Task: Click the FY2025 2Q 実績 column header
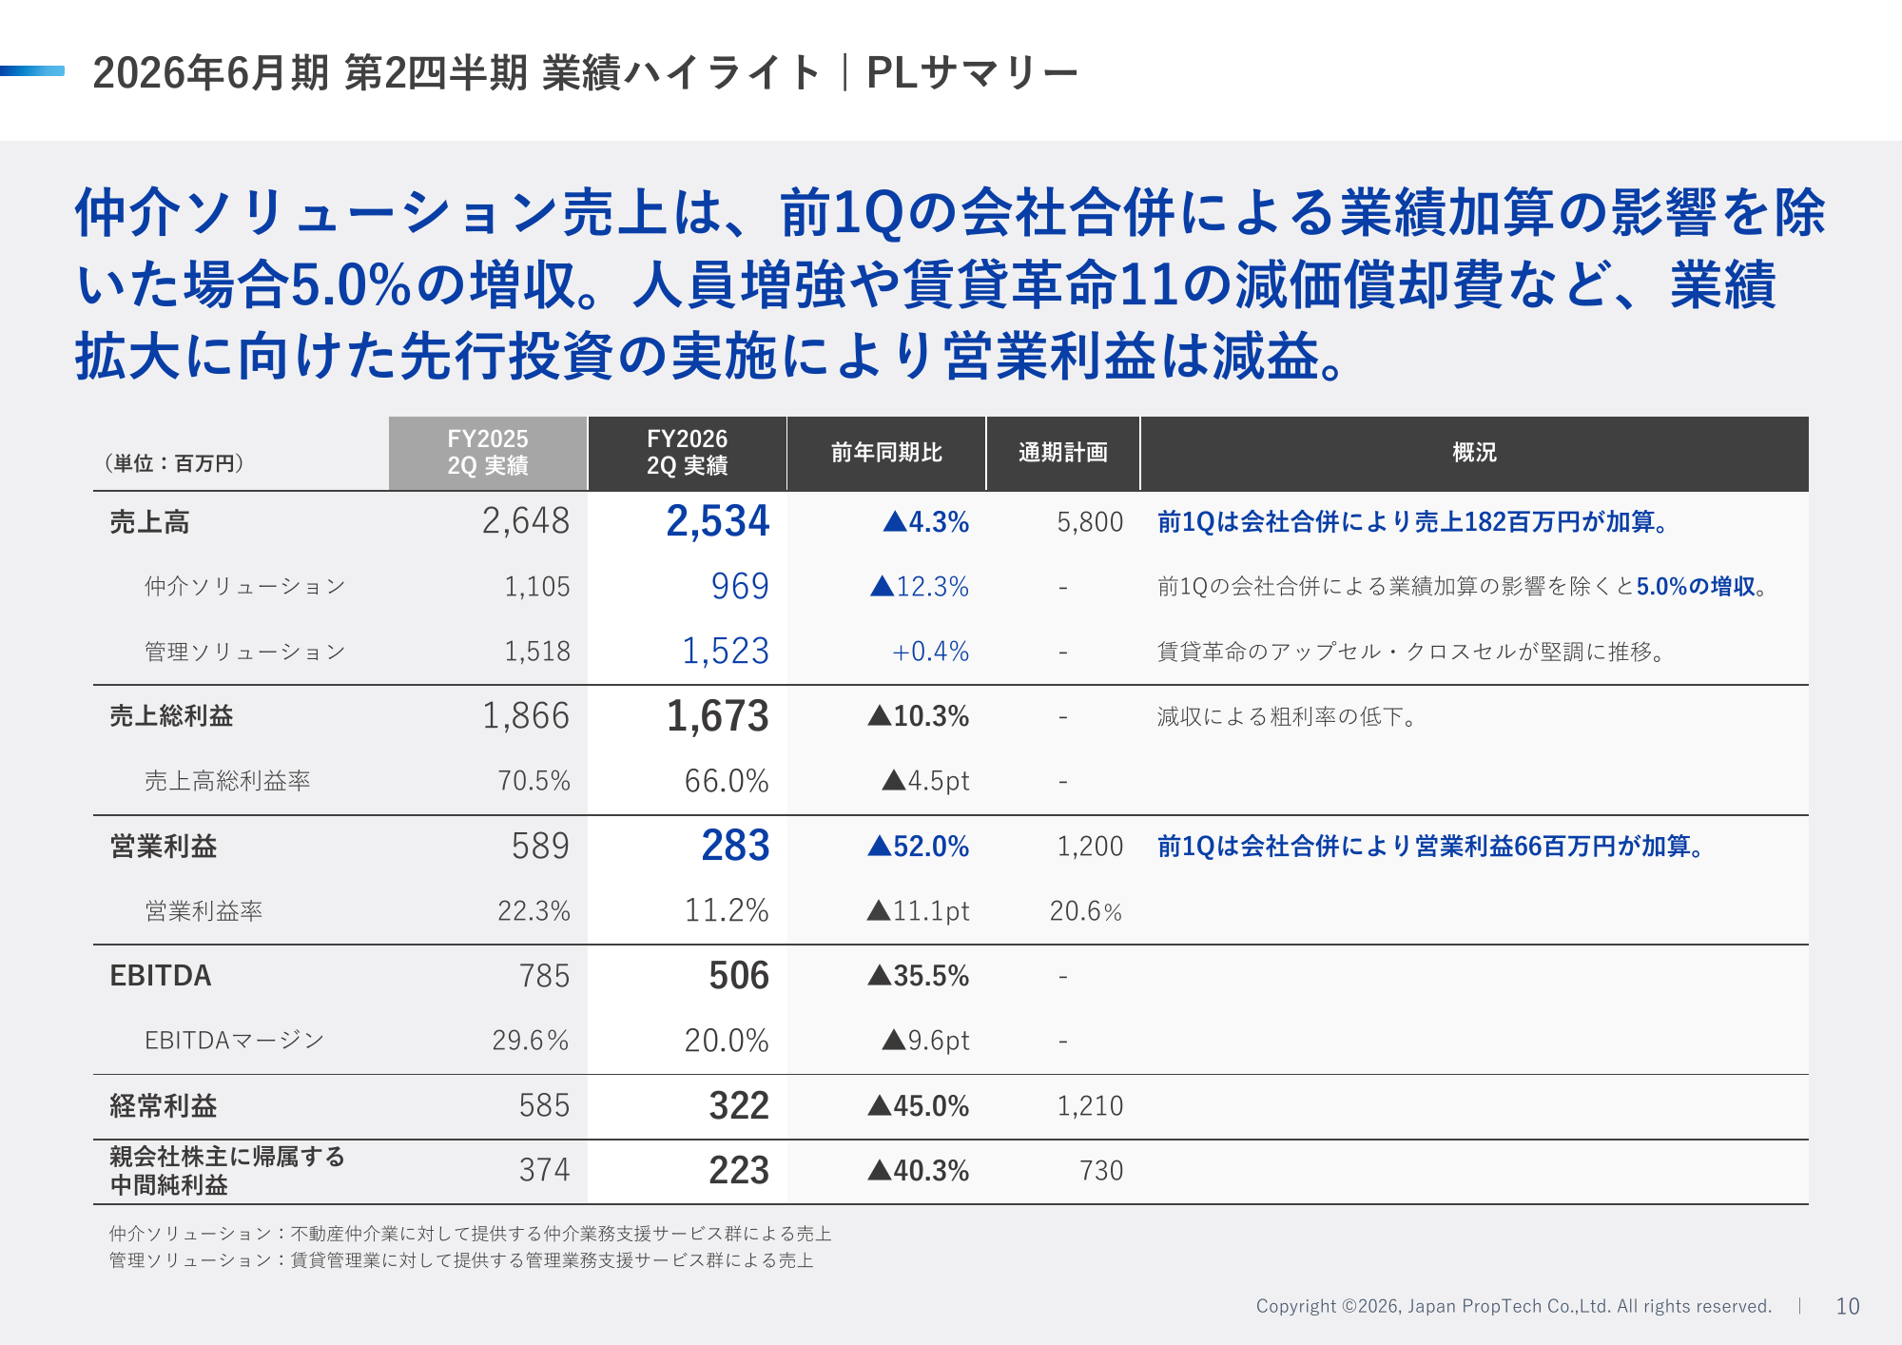[x=488, y=453]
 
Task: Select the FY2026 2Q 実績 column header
[x=687, y=453]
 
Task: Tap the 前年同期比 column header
[x=886, y=453]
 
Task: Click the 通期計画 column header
[x=1063, y=453]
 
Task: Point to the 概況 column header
[x=1474, y=453]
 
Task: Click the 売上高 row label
[x=149, y=522]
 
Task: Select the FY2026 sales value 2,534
[x=717, y=521]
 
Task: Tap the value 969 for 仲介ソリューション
[x=740, y=586]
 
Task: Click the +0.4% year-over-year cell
[x=930, y=652]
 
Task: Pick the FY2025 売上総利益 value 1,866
[x=526, y=716]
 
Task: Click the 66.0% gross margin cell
[x=727, y=781]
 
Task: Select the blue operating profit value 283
[x=735, y=846]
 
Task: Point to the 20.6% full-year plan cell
[x=1085, y=911]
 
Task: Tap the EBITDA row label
[x=161, y=976]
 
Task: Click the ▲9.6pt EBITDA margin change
[x=925, y=1041]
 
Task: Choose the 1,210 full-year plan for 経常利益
[x=1090, y=1105]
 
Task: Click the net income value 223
[x=739, y=1170]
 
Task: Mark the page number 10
[x=1847, y=1306]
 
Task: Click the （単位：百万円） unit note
[x=174, y=463]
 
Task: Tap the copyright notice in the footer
[x=1513, y=1306]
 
